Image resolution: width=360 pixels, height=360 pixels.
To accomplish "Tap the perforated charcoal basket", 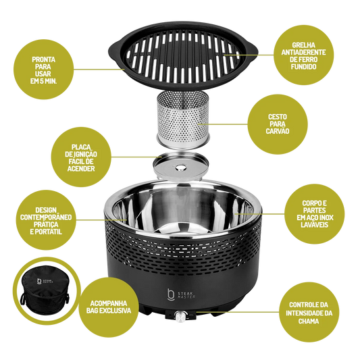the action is point(183,119).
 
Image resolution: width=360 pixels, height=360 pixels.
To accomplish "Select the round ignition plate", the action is point(181,166).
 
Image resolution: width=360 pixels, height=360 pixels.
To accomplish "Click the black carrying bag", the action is point(45,291).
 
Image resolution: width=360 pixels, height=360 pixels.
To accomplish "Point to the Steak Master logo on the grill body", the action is point(181,294).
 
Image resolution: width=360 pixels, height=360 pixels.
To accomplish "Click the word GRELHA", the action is point(303,45).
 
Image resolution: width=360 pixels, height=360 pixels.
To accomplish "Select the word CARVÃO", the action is point(278,131).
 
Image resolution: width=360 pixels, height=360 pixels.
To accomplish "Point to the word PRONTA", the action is point(44,59).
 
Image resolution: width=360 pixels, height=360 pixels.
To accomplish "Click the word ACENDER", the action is point(81,169).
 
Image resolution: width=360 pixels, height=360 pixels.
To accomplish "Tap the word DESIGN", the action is point(46,210).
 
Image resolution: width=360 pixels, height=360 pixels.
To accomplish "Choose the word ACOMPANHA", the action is point(109,303).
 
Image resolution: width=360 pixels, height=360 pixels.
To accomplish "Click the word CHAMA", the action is point(309,321).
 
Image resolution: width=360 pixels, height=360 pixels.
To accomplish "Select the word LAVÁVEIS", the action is point(315,224).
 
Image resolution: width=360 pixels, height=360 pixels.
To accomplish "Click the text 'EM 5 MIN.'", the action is point(44,81).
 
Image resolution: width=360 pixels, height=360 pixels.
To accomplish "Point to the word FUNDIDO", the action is point(303,67).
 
